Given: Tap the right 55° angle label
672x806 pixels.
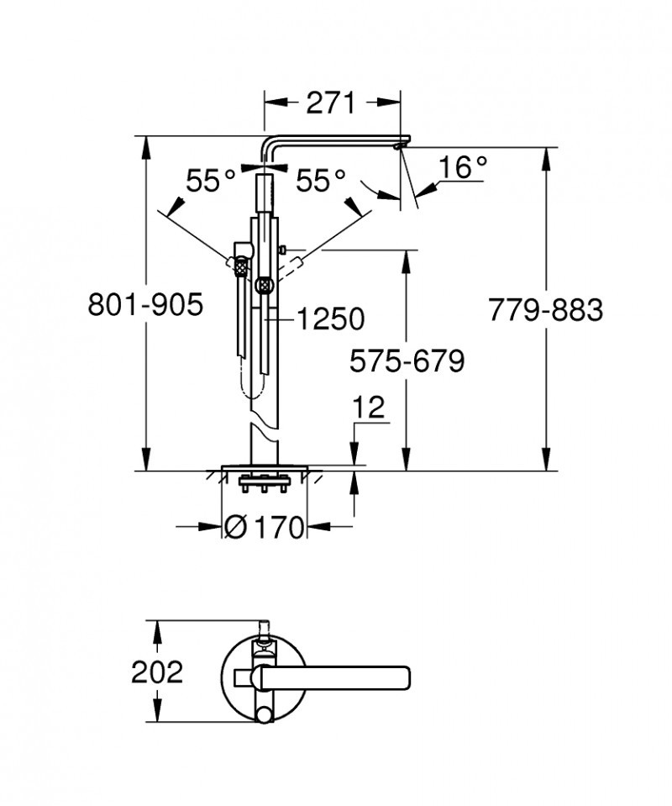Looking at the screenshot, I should pos(320,180).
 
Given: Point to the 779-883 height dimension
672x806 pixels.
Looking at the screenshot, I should pos(546,310).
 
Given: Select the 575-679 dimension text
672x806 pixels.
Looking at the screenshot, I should pos(407,361).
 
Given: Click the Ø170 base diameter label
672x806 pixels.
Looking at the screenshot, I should pos(265,528).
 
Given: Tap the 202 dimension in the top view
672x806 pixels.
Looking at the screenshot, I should pos(156,672).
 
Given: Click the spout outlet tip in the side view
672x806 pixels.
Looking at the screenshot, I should pos(399,147).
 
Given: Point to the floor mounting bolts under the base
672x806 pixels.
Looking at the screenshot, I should pos(264,485).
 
